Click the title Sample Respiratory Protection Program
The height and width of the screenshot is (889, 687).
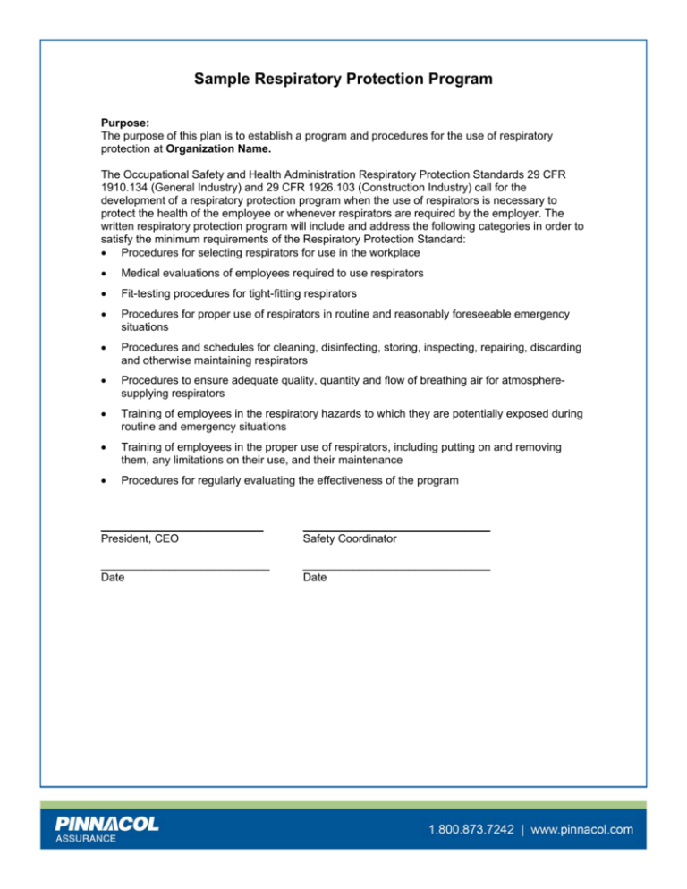343,80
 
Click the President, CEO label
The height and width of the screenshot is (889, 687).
140,539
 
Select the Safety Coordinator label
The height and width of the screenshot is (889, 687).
350,539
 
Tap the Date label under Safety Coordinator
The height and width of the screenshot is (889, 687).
315,578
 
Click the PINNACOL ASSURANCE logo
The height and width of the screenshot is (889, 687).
107,830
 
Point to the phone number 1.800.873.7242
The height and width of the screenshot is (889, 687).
471,830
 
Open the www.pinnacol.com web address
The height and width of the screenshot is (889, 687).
582,830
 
